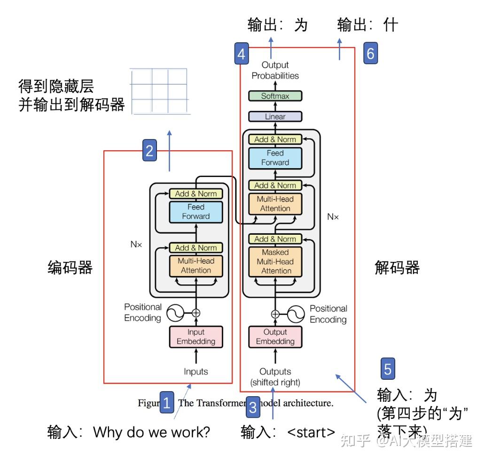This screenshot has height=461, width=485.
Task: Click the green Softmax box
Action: click(x=275, y=96)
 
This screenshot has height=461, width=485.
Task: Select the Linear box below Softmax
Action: click(x=275, y=116)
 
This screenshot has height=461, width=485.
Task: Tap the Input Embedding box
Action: click(x=196, y=337)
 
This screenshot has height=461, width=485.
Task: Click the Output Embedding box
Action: click(x=275, y=337)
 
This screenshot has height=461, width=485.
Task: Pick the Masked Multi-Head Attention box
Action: click(x=275, y=261)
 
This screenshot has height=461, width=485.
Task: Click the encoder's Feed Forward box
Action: click(x=196, y=211)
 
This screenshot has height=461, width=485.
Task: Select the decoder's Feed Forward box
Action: click(x=275, y=158)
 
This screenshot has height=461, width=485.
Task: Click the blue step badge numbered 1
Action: click(x=167, y=402)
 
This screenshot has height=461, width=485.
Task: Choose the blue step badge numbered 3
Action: click(x=253, y=407)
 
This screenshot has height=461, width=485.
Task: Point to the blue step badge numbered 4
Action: click(x=241, y=54)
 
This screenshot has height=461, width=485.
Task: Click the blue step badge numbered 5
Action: click(x=387, y=369)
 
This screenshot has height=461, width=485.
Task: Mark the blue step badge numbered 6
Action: click(x=370, y=54)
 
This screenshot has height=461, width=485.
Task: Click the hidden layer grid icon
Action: click(x=160, y=92)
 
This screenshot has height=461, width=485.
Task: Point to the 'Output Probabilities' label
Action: click(x=275, y=70)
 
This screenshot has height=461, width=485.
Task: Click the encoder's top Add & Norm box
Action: click(x=196, y=193)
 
